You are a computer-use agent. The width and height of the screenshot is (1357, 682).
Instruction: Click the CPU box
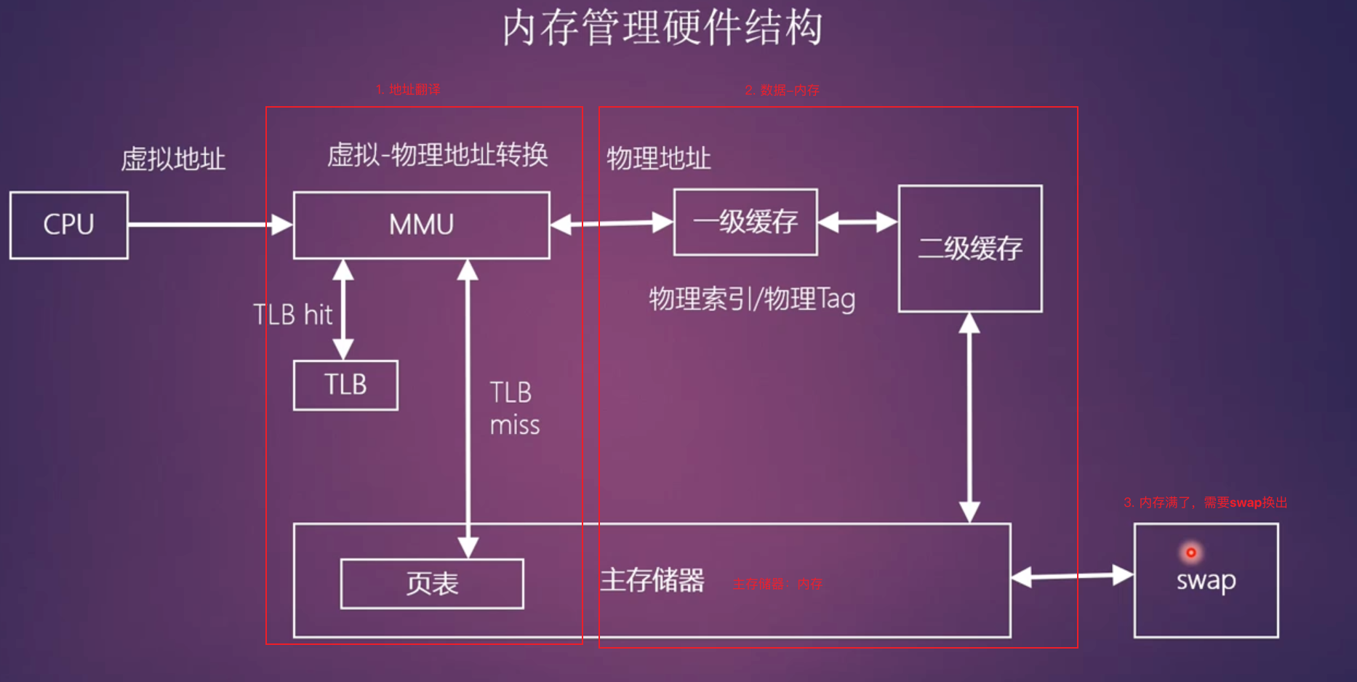pos(69,225)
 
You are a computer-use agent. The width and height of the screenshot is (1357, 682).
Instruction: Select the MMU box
pos(421,225)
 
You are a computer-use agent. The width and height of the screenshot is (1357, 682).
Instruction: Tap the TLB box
pos(345,385)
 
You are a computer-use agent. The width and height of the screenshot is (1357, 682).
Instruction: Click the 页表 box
pos(432,583)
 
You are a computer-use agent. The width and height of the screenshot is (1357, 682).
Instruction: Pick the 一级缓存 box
pos(745,222)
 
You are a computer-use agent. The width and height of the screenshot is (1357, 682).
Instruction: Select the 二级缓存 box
pos(970,249)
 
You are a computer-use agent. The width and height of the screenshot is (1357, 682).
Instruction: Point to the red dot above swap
pos(1191,553)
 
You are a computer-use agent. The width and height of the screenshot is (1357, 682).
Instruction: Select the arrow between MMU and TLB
pos(343,310)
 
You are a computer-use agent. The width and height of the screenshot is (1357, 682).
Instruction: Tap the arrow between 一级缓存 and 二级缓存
pos(858,222)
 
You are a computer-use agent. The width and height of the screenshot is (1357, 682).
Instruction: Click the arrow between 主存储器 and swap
pos(1072,577)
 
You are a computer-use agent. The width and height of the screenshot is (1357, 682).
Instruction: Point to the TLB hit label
pos(292,315)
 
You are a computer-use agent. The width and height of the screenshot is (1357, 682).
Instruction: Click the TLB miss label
pos(514,409)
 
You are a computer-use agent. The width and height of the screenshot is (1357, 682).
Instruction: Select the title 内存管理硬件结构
pos(663,28)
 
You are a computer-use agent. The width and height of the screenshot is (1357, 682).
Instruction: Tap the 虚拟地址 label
pos(173,159)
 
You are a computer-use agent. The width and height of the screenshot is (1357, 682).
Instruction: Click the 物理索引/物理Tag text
pos(752,299)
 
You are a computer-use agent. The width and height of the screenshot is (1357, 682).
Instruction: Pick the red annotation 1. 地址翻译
pos(408,89)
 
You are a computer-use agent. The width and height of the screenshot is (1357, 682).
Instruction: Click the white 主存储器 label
pos(652,580)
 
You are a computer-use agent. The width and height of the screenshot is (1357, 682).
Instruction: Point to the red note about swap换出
pos(1205,502)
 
